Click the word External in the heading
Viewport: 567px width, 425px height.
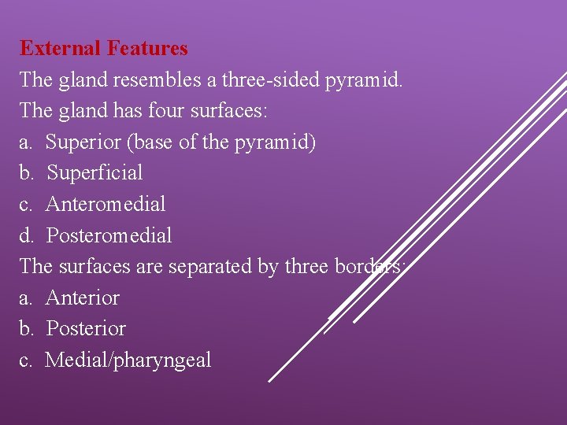(61, 48)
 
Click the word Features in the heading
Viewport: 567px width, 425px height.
(147, 48)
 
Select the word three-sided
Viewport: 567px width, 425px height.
(261, 79)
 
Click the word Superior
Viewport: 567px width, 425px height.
(83, 142)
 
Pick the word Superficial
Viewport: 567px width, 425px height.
(94, 173)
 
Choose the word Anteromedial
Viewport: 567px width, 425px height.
(106, 205)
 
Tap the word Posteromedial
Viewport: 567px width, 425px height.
(109, 235)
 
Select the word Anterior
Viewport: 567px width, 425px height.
(83, 297)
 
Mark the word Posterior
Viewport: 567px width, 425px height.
(86, 328)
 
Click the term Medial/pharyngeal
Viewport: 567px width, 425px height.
(128, 360)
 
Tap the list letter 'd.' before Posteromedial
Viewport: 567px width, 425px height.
(27, 235)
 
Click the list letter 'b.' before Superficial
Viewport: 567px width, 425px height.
(27, 173)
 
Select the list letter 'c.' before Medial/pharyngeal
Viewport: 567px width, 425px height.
(26, 360)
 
